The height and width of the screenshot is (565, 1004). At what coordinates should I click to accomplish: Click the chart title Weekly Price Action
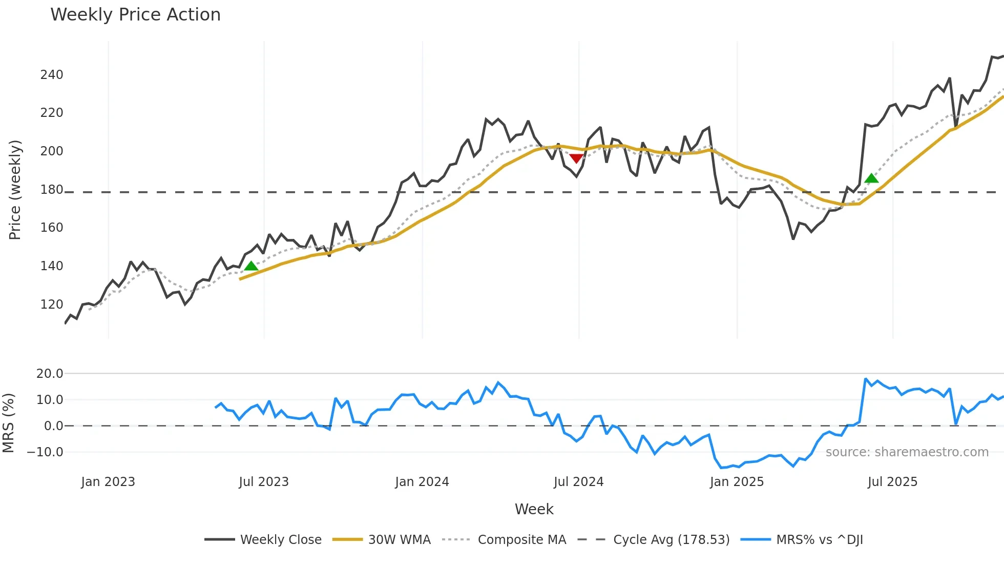click(135, 15)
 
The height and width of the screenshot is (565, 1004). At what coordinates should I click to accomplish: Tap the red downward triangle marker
click(576, 158)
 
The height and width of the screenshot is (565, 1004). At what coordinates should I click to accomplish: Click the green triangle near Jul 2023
click(251, 266)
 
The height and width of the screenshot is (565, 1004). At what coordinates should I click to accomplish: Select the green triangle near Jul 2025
click(871, 178)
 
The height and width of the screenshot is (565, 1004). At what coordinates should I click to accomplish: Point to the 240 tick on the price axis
click(52, 75)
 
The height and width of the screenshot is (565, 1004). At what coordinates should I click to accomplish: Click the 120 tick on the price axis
click(52, 305)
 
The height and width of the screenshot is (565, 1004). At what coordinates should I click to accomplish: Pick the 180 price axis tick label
click(52, 190)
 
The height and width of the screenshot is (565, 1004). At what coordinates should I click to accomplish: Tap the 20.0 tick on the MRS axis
click(50, 374)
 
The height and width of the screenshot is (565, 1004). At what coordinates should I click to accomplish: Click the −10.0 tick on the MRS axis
click(45, 452)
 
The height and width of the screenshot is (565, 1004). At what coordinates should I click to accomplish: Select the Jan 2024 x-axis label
click(422, 482)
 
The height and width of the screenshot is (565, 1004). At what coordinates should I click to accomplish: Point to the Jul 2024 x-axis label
click(579, 482)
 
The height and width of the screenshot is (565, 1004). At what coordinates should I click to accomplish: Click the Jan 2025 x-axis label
click(737, 482)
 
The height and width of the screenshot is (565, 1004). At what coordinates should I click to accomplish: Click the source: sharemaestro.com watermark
click(907, 452)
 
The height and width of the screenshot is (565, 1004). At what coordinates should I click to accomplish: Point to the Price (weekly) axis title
click(15, 190)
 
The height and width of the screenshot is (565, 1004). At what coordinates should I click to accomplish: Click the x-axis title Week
click(534, 509)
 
